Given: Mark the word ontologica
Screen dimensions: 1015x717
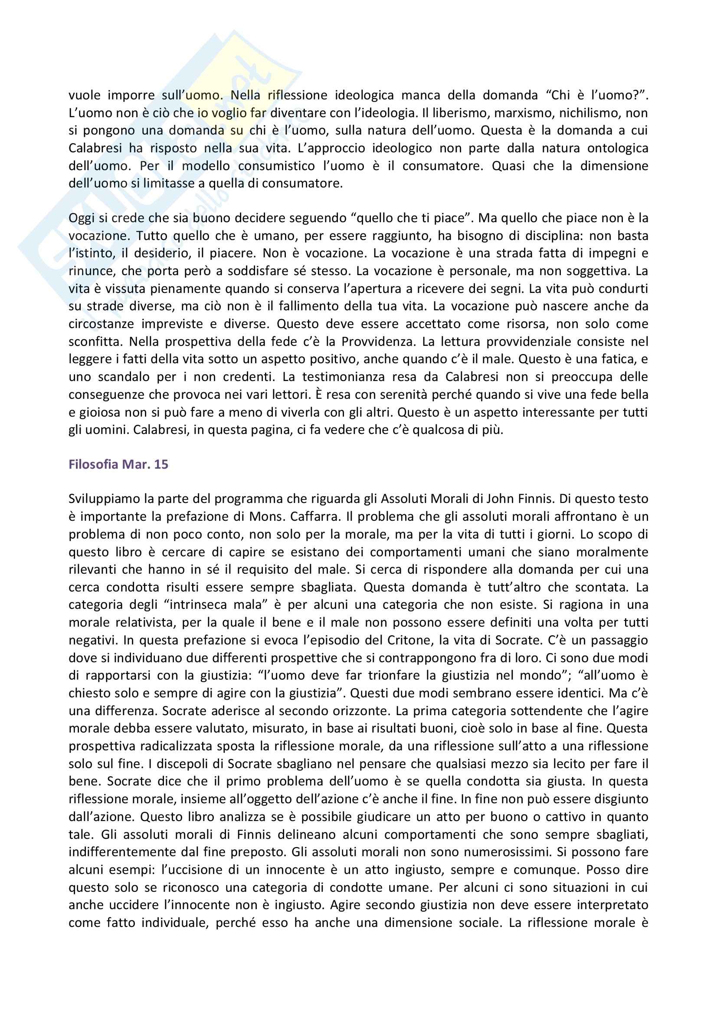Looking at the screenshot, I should (615, 148).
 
